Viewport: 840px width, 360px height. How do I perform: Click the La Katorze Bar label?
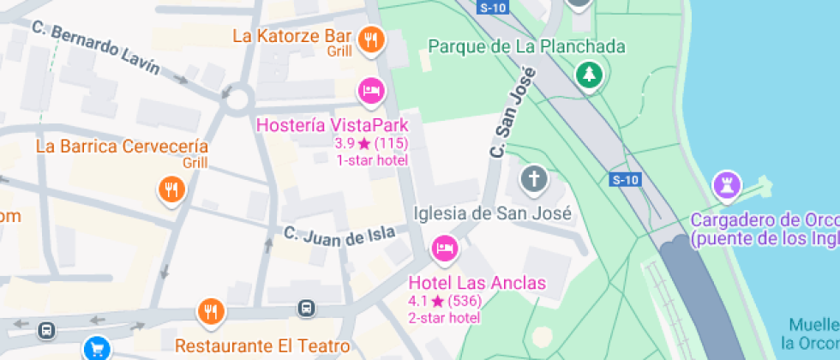click(x=292, y=36)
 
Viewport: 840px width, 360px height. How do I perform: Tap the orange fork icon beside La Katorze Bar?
click(x=371, y=39)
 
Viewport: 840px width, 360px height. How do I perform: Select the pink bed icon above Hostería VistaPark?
click(x=370, y=90)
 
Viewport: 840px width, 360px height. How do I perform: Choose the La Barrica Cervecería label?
click(x=122, y=146)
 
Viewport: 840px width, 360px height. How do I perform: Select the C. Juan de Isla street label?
click(x=339, y=233)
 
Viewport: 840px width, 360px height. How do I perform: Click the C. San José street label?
click(x=513, y=112)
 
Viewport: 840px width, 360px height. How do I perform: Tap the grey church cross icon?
click(x=533, y=180)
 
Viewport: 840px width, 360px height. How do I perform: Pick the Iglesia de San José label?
click(x=493, y=213)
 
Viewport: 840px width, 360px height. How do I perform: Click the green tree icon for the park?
click(x=588, y=75)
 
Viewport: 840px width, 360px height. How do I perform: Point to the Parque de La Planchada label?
click(x=526, y=46)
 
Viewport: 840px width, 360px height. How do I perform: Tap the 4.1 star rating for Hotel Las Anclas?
click(x=444, y=301)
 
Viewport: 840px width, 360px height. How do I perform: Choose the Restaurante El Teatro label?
click(x=262, y=346)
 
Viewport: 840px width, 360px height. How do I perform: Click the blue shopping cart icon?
click(x=96, y=348)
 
